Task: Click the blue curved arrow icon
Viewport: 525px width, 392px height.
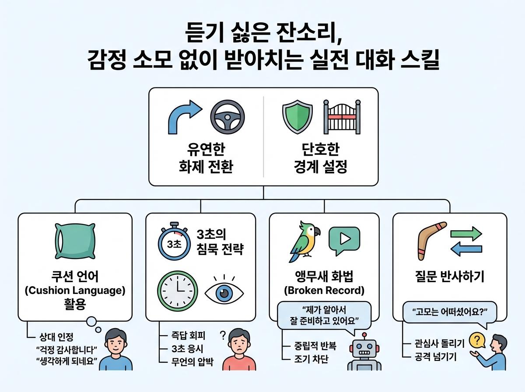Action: click(x=185, y=116)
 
